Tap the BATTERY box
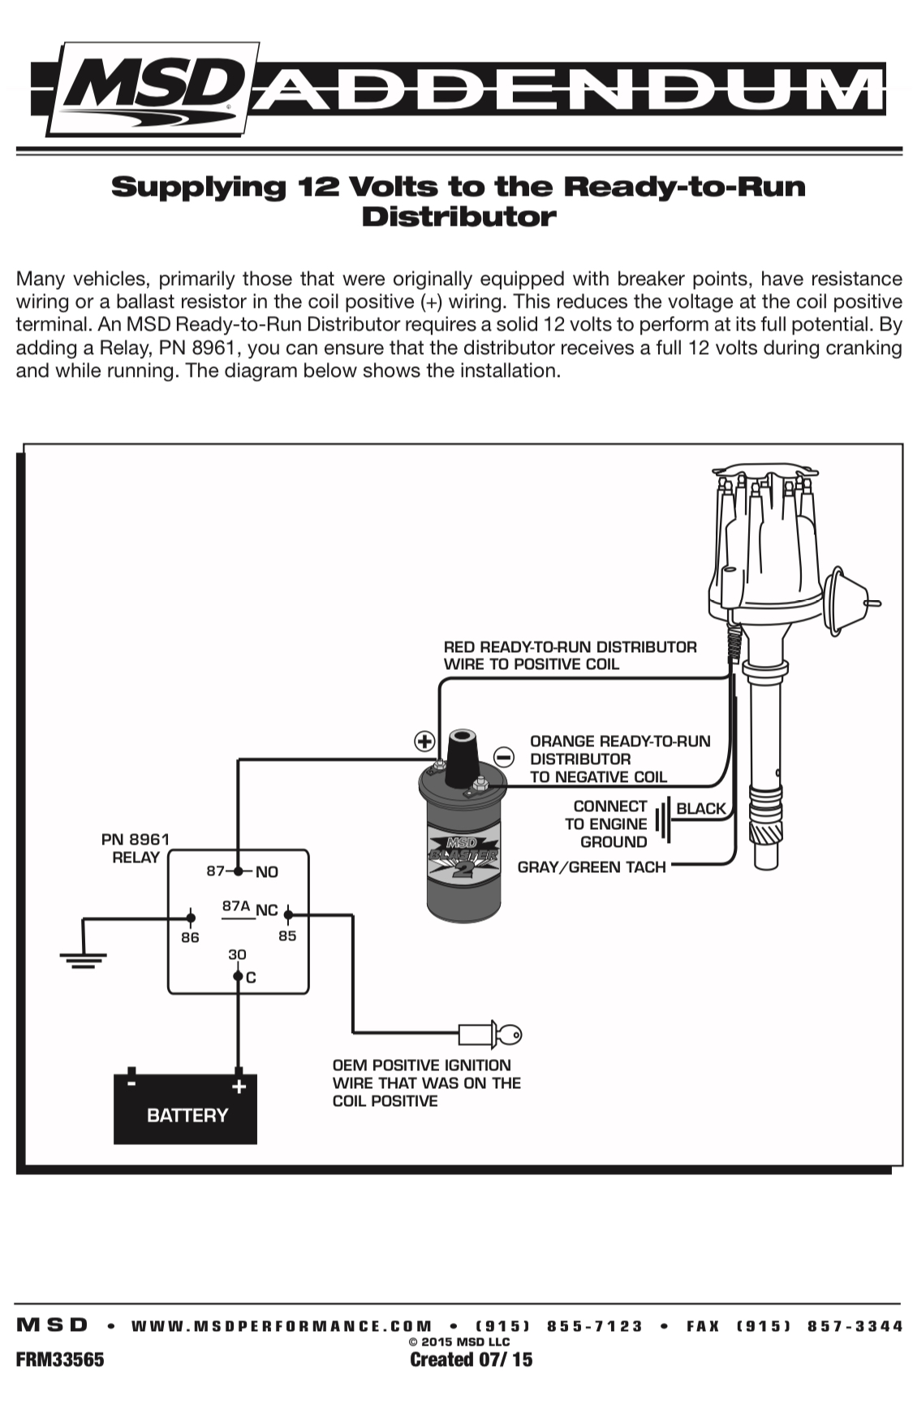185,1108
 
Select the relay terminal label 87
215,871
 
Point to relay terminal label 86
190,937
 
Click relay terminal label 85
287,936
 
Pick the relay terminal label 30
237,954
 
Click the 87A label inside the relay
236,905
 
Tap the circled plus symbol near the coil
425,741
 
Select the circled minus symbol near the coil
504,757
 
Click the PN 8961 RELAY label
136,848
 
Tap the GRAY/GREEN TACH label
592,867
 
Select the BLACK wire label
701,808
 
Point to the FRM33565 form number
60,1359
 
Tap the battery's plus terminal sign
239,1087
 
